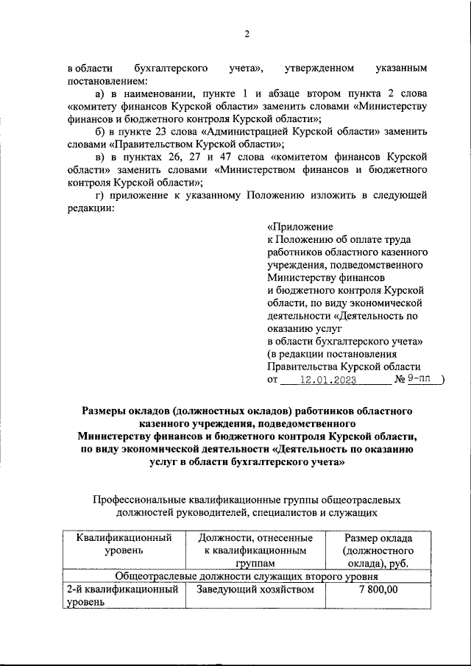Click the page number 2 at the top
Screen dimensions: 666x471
coord(247,34)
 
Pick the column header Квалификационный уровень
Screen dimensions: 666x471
coord(124,544)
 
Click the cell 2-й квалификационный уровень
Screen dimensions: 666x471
coord(124,595)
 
